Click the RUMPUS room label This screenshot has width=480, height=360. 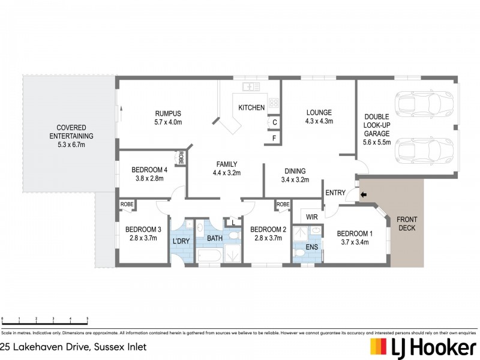168,113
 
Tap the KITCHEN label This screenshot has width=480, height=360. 251,108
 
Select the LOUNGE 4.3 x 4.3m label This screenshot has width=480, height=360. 319,116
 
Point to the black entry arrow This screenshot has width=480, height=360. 362,194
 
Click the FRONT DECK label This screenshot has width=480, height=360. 407,224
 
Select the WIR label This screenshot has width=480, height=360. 311,216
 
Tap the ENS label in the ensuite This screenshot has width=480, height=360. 312,246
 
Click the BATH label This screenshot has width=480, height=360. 215,239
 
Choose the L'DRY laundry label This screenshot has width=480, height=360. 181,241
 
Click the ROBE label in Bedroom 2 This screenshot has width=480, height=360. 283,205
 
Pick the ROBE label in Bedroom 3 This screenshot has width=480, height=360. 127,205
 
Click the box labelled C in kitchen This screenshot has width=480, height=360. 274,122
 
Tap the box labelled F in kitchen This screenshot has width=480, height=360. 274,139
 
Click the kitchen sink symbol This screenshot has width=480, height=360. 251,87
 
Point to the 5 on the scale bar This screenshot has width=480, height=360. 88,319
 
